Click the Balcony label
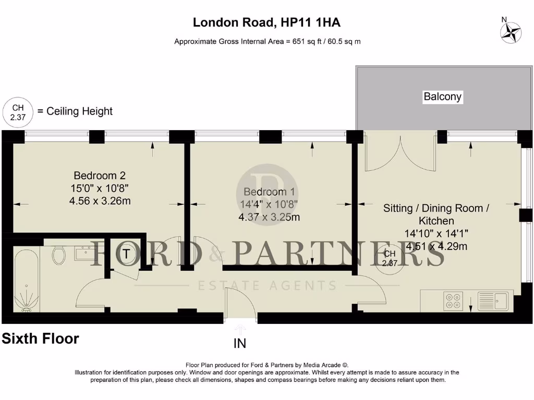[x=442, y=96]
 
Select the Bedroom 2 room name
[x=99, y=176]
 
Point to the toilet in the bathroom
[x=59, y=254]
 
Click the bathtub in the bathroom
[x=26, y=281]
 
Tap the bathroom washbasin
[x=84, y=253]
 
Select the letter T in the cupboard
[x=126, y=255]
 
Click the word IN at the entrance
[x=240, y=344]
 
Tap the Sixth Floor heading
[x=41, y=339]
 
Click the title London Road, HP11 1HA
[x=267, y=22]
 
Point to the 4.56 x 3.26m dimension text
[x=99, y=201]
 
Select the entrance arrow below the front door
[x=240, y=328]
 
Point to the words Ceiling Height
[x=79, y=111]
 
